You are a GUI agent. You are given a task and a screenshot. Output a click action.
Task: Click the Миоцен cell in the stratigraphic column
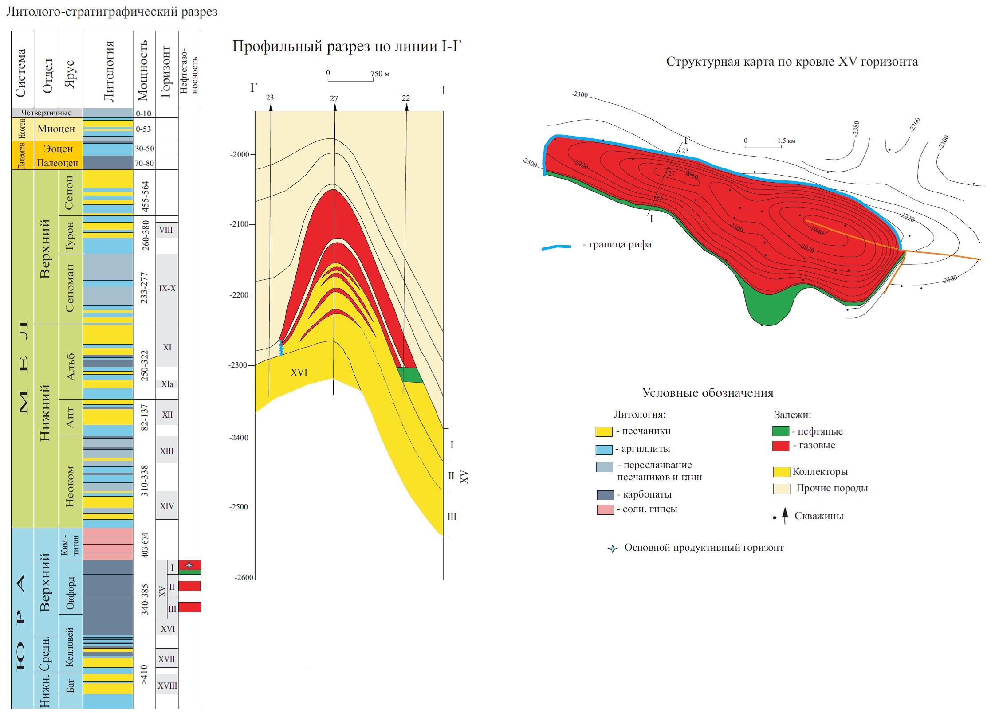pos(56,129)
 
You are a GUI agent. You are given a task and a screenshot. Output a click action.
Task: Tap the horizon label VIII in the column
pos(166,230)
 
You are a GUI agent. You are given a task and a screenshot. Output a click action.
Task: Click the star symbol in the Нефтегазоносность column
pos(189,565)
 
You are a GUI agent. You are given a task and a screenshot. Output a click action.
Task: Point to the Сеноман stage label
pos(70,288)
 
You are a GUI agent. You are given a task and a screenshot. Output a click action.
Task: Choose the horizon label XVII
pos(167,659)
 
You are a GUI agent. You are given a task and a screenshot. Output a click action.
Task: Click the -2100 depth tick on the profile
pos(240,224)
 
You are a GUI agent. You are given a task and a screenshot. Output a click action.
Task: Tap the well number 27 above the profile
pos(334,99)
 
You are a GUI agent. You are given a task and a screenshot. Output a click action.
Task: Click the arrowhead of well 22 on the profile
pos(407,107)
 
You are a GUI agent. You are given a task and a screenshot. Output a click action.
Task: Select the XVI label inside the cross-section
pos(299,373)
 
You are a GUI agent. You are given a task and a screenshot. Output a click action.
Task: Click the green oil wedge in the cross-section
pos(410,375)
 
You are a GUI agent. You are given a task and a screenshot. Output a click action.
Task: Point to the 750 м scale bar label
pos(380,74)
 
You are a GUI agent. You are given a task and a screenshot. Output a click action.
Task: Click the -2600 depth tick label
pos(244,577)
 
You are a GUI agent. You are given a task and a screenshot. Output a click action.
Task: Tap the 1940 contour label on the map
pos(817,231)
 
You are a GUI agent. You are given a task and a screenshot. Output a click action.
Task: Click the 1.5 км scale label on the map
pos(786,141)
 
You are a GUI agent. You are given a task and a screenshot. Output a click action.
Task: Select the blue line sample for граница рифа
pos(556,247)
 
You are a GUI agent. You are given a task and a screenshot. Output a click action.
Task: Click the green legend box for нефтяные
pos(780,431)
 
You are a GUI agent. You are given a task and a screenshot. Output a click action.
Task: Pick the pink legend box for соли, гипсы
pos(605,509)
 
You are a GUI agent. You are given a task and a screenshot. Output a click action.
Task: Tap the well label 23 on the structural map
pos(685,151)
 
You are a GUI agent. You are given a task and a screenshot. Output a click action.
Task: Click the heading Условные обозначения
pos(708,393)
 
